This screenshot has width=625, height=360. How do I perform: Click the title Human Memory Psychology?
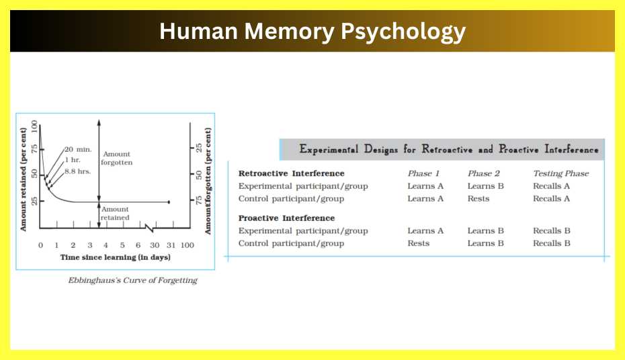click(312, 32)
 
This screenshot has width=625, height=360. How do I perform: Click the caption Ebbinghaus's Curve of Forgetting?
click(132, 280)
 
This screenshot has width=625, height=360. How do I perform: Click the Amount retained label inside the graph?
click(115, 214)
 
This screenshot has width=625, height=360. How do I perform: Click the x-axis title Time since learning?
click(115, 257)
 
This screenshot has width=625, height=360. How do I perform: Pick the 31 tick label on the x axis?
click(171, 244)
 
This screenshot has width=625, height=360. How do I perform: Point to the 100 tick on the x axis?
click(188, 244)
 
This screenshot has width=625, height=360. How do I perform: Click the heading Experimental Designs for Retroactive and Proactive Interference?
click(448, 149)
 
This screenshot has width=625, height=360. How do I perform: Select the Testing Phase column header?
click(560, 173)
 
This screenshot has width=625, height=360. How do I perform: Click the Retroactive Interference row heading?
click(291, 173)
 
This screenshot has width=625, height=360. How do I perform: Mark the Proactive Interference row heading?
click(286, 218)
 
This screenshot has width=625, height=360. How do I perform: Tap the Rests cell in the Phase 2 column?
click(478, 198)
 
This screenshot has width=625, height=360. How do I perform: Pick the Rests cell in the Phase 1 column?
click(418, 243)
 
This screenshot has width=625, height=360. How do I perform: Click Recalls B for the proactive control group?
click(551, 243)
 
